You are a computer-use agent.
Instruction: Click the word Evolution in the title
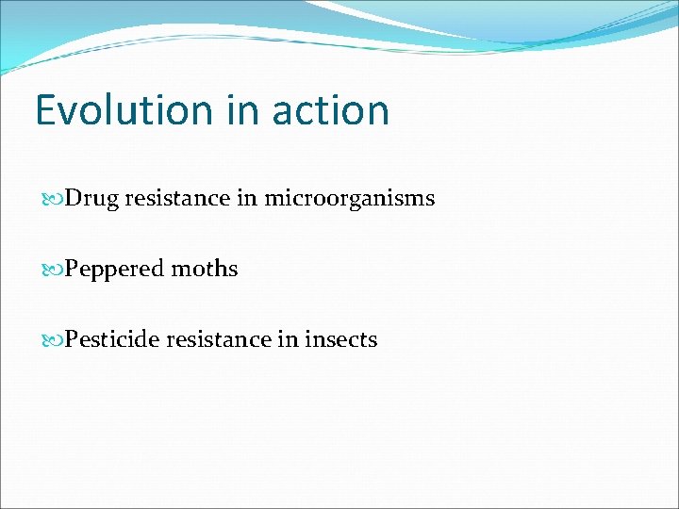click(124, 110)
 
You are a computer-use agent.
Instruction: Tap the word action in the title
click(330, 110)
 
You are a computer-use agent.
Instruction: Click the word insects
click(340, 339)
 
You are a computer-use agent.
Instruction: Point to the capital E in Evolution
click(46, 110)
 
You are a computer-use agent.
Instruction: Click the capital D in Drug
click(73, 199)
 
